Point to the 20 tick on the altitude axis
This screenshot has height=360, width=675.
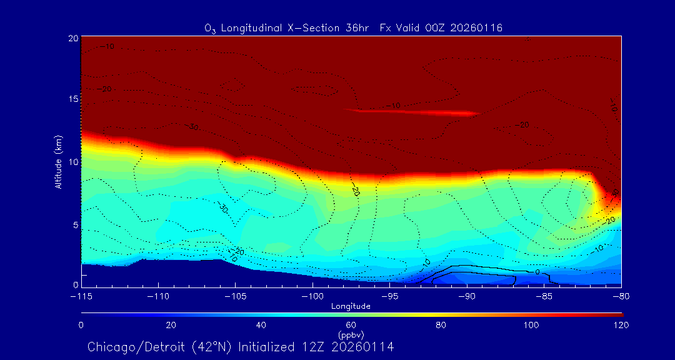(x=72, y=39)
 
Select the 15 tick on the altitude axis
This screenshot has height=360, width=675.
(x=72, y=99)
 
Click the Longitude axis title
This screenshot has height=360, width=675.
(x=351, y=306)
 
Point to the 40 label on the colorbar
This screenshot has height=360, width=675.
(x=261, y=325)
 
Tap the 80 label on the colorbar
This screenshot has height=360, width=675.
(x=442, y=325)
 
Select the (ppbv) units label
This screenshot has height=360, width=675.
(x=351, y=334)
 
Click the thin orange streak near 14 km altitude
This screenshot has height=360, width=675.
(x=412, y=112)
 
